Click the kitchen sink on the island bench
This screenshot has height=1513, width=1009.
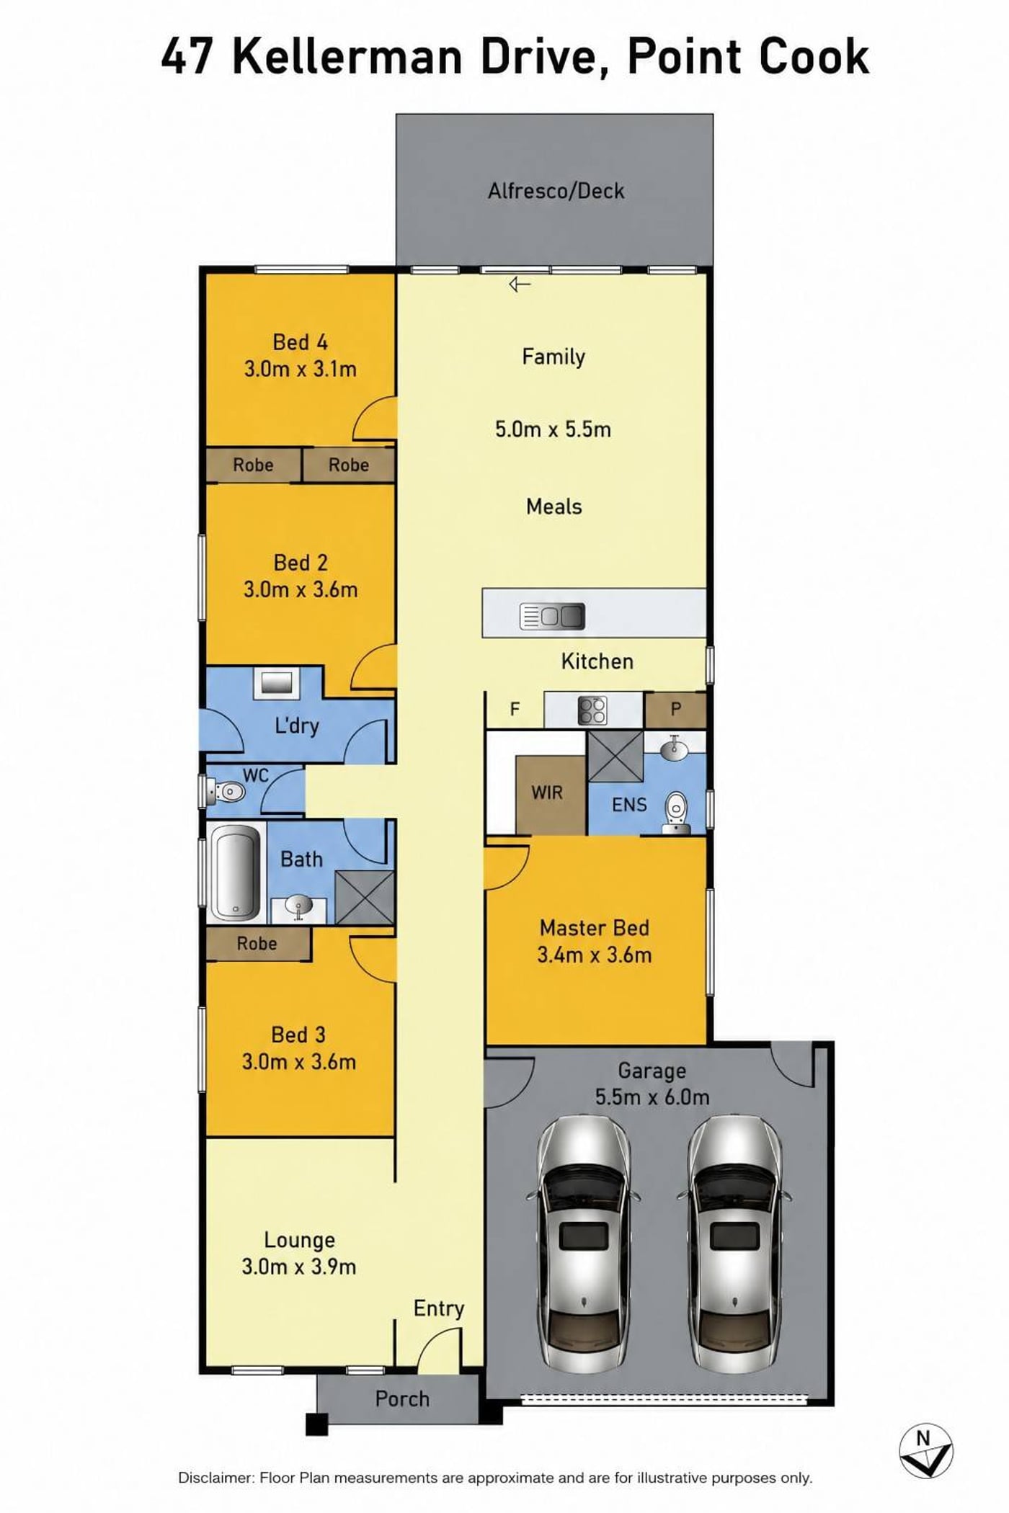click(552, 616)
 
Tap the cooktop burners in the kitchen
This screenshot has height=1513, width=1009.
click(592, 710)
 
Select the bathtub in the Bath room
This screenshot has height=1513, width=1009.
click(235, 872)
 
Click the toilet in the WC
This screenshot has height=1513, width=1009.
click(225, 792)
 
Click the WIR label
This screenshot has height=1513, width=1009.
click(547, 793)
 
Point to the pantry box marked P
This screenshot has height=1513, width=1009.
click(675, 710)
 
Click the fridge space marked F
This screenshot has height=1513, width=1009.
click(515, 710)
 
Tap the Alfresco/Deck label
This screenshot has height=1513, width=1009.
click(556, 191)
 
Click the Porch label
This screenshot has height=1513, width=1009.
click(402, 1398)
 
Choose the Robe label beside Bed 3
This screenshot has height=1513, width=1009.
click(257, 943)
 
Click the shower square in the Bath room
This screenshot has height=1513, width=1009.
click(365, 898)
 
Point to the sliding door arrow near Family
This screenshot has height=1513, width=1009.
click(520, 285)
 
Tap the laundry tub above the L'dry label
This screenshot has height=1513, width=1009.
click(277, 682)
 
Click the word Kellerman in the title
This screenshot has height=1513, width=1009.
click(347, 58)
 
